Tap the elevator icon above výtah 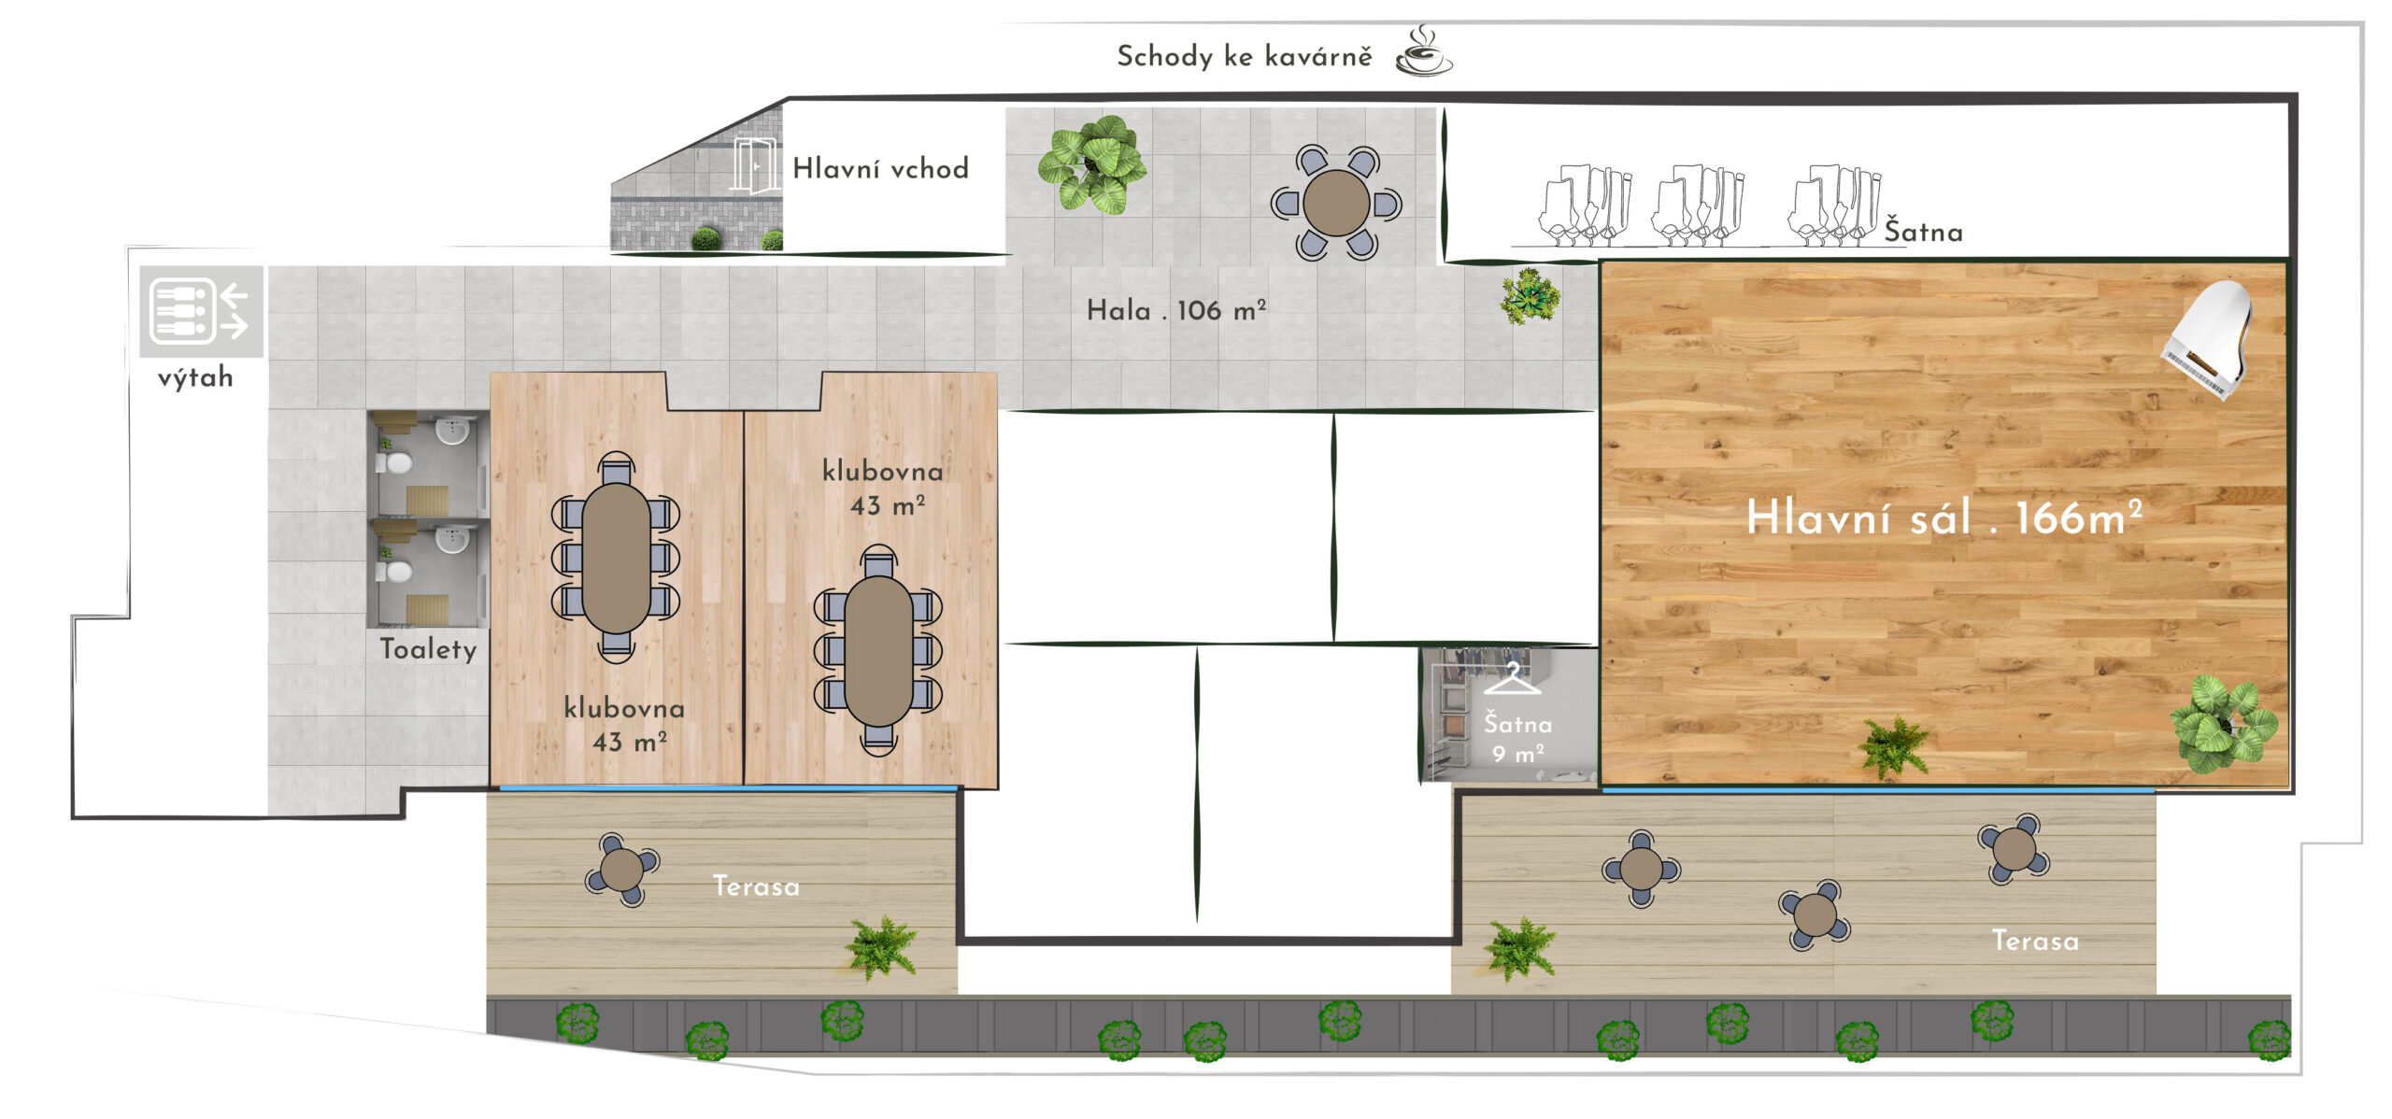click(201, 311)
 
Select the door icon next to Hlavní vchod click(754, 166)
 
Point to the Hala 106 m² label click(1175, 310)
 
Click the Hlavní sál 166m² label click(1943, 517)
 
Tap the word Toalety click(428, 648)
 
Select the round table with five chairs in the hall click(1336, 203)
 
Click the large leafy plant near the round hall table click(1092, 165)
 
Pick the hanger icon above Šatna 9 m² click(1512, 678)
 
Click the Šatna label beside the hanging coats click(1923, 231)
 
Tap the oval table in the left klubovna click(616, 558)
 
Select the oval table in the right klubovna click(878, 651)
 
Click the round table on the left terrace click(621, 870)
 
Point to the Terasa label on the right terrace click(2035, 940)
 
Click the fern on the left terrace click(880, 947)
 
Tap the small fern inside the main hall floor click(1893, 746)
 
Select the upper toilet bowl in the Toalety click(399, 462)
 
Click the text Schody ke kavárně click(1245, 56)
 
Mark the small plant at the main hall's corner click(1530, 296)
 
